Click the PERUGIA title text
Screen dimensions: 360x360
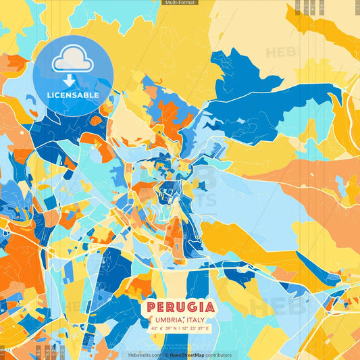click(180, 308)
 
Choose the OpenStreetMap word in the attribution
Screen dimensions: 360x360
click(188, 355)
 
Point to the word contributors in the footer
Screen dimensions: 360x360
click(219, 355)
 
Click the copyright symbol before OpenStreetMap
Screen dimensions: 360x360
click(166, 355)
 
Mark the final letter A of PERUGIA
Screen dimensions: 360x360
click(209, 308)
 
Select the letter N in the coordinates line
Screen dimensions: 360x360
click(176, 328)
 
